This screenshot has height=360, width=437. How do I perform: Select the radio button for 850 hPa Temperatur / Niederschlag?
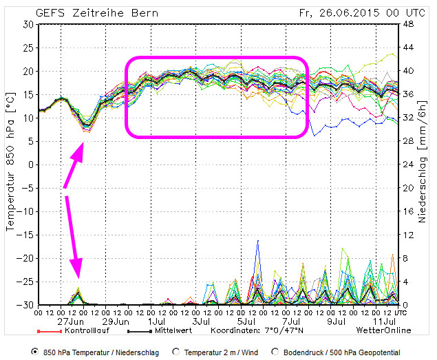35,352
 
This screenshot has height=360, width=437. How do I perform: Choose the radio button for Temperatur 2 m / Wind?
177,352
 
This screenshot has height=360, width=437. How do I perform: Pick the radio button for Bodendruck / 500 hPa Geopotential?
277,352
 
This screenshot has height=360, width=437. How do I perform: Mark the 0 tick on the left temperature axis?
30,165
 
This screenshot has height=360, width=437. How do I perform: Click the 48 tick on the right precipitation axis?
408,24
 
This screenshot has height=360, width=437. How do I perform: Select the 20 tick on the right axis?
408,188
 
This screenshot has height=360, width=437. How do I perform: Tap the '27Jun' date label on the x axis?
72,321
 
